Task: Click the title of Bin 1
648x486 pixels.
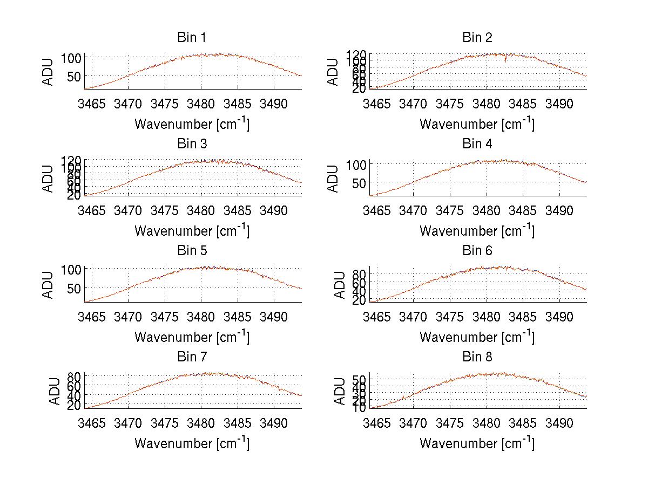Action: pos(191,37)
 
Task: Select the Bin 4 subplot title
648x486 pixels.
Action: pos(477,144)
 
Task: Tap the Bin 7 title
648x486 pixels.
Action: pos(191,357)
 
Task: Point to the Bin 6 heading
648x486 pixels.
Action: pos(477,250)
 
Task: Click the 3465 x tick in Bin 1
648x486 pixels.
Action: pos(92,104)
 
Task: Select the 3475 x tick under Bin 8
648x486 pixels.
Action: pos(450,423)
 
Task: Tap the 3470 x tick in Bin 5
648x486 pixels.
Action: pos(129,317)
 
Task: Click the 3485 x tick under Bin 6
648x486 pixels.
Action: pos(523,317)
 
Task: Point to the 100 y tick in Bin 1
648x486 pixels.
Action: pos(72,58)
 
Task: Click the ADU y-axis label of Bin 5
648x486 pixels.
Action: pos(49,285)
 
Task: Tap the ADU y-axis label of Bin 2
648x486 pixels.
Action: pos(333,72)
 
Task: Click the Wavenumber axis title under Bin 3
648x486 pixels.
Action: pos(192,230)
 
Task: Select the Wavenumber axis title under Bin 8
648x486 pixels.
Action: pos(477,443)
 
